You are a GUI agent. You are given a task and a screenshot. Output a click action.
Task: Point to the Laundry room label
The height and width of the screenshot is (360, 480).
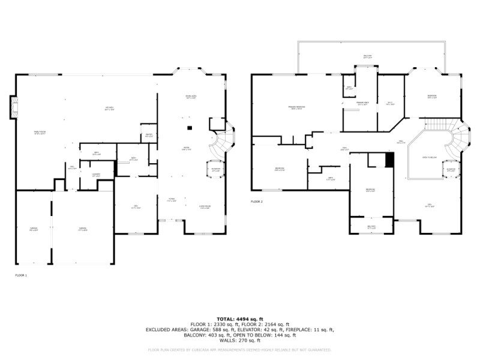[96, 176]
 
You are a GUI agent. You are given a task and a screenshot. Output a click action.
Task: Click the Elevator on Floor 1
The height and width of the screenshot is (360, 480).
[215, 169]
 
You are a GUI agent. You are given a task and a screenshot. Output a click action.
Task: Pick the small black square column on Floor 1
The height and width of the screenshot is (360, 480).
[190, 127]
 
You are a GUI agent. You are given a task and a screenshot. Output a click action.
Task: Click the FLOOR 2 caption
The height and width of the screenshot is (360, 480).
[257, 202]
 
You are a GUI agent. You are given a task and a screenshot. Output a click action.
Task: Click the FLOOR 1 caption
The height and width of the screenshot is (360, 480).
[21, 275]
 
